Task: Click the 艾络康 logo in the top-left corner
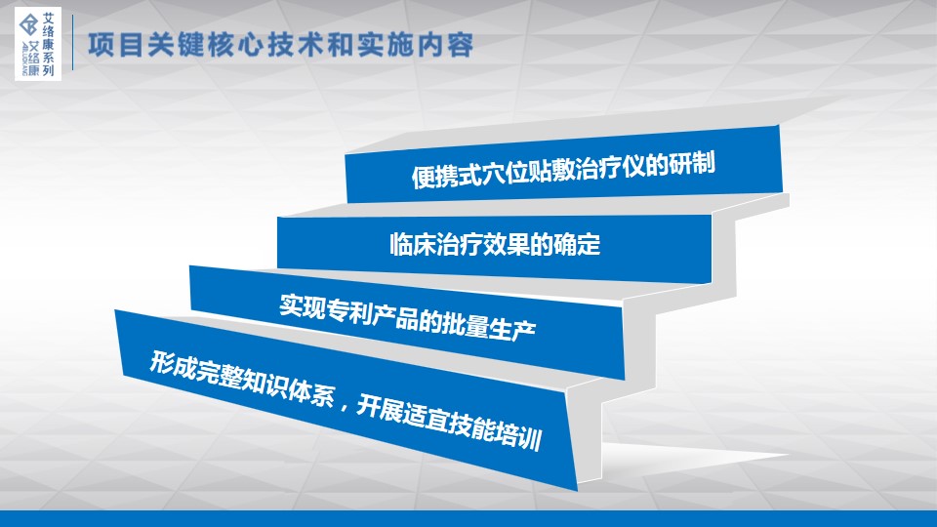click(x=38, y=44)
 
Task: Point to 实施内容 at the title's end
click(x=416, y=45)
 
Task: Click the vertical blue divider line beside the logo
click(x=73, y=42)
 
